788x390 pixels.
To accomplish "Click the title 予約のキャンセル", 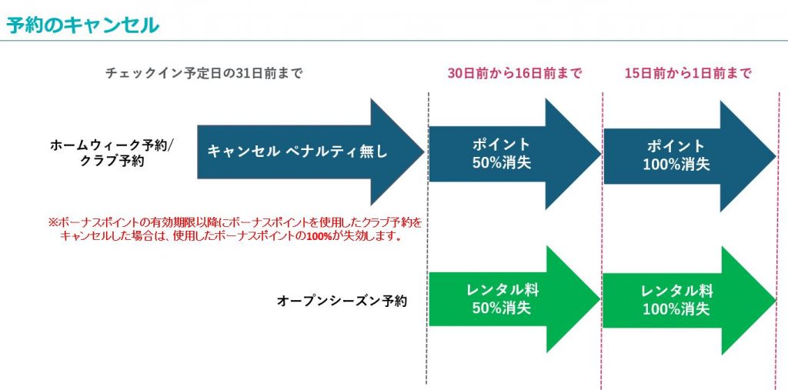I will tap(83, 24).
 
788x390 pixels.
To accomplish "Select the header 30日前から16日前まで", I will tap(515, 74).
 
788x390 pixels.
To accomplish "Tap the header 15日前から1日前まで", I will tap(688, 74).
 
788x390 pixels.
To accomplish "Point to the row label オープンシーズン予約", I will tap(341, 301).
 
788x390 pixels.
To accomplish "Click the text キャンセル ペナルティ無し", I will tap(297, 152).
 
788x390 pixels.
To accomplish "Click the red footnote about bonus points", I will tap(235, 229).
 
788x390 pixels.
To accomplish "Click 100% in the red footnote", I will tap(320, 236).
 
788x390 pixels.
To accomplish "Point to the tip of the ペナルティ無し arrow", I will tap(421, 152).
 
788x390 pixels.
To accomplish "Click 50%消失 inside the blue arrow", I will tap(502, 164).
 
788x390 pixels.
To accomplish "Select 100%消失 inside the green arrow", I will tap(676, 309).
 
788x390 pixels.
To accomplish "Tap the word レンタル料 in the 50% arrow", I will tap(502, 292).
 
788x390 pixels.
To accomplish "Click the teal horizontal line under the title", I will tap(394, 40).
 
